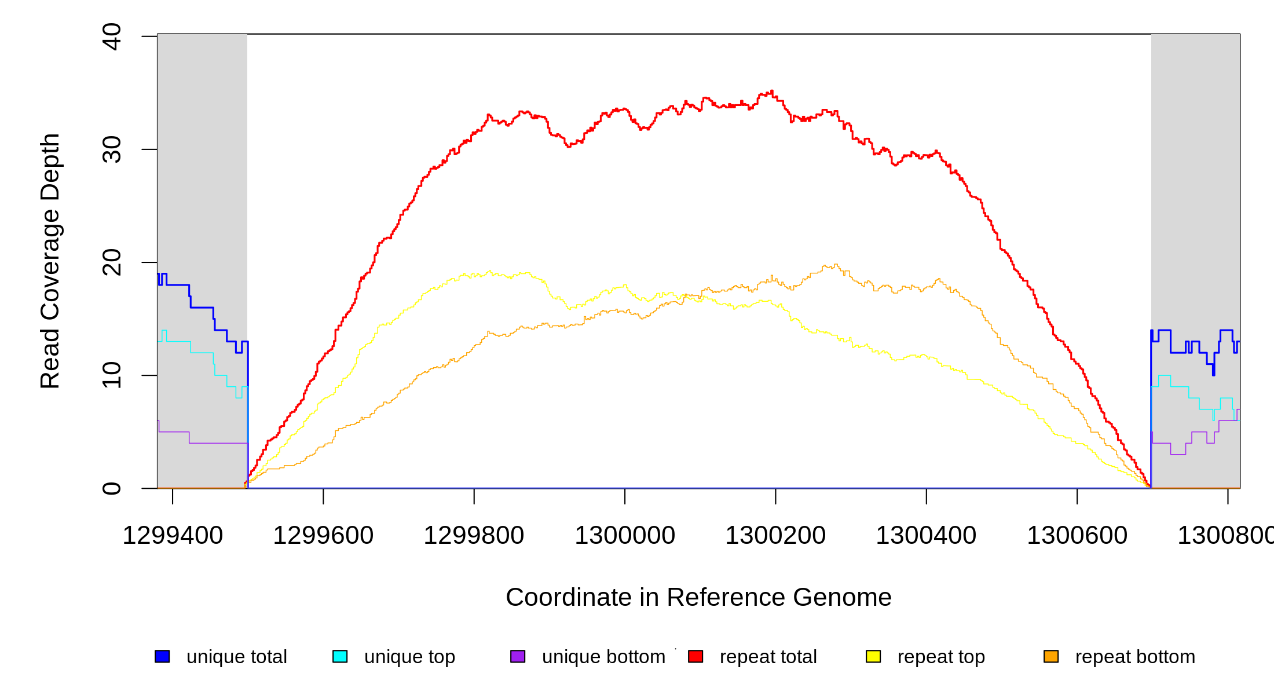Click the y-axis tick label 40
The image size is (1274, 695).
click(111, 36)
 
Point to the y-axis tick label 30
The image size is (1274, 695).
click(111, 149)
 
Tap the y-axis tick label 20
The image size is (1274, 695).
click(111, 262)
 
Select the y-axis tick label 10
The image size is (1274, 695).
click(111, 375)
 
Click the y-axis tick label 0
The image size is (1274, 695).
click(111, 488)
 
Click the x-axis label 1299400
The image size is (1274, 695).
click(173, 536)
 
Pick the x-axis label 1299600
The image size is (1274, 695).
click(323, 536)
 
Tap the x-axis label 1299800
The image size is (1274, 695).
click(474, 536)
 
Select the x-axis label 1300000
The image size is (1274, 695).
click(625, 536)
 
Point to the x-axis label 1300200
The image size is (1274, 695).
click(775, 536)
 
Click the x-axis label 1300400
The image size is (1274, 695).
click(926, 536)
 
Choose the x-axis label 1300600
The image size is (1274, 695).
click(1077, 536)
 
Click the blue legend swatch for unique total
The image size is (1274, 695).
click(162, 656)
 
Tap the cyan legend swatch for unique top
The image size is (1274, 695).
click(340, 656)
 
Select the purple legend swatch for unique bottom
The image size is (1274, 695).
click(518, 656)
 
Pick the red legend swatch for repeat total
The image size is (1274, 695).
click(695, 656)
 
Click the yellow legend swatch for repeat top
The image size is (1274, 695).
click(873, 656)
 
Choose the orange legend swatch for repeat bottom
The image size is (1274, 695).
click(1051, 656)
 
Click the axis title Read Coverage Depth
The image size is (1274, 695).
click(50, 261)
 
